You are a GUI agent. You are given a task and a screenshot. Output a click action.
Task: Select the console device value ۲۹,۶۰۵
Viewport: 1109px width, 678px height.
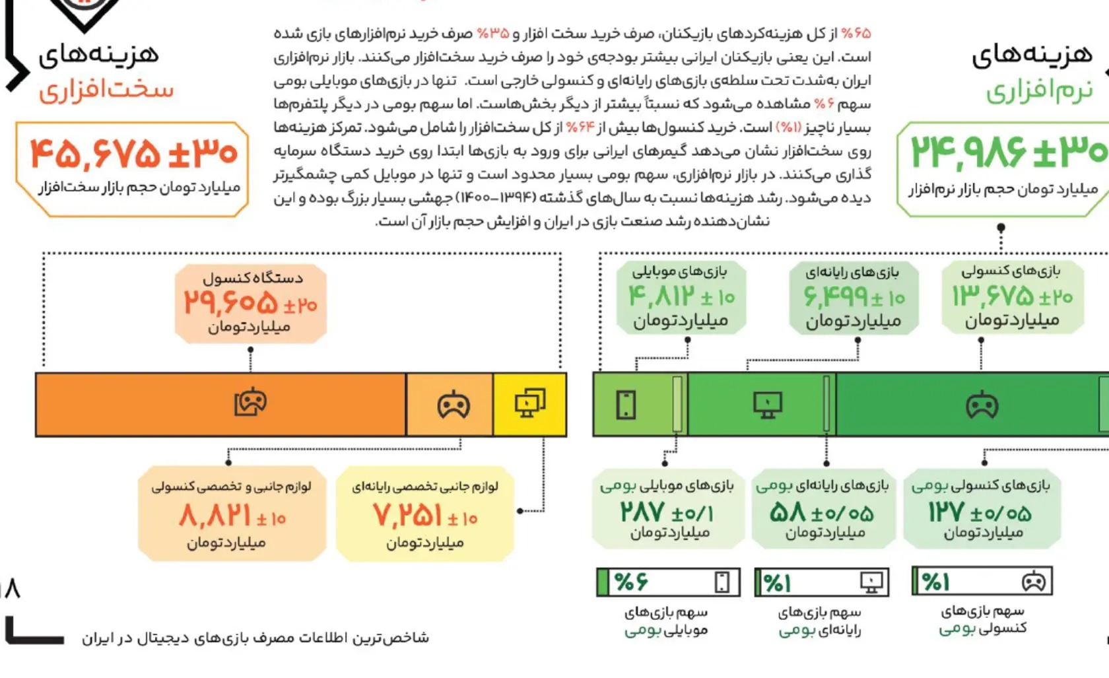click(x=231, y=303)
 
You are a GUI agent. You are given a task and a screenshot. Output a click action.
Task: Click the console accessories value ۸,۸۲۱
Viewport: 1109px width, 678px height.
click(x=215, y=516)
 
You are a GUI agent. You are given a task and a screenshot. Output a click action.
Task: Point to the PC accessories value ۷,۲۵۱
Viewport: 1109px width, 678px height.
click(x=407, y=516)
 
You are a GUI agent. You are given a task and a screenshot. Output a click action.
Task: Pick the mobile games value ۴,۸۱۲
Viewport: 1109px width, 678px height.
click(x=662, y=296)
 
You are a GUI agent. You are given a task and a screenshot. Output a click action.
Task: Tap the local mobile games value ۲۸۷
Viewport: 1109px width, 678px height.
click(x=642, y=512)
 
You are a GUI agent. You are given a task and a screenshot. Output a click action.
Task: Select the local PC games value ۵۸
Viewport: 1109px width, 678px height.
click(x=788, y=512)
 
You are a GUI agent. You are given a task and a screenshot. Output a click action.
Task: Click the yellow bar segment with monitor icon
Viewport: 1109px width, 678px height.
click(x=529, y=403)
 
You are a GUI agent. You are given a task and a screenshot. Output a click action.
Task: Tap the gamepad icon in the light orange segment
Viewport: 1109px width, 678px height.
click(x=454, y=405)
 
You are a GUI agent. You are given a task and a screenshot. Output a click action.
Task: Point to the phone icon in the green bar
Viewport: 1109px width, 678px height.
click(x=626, y=405)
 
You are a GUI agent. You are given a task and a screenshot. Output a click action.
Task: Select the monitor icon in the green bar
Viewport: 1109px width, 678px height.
click(x=768, y=405)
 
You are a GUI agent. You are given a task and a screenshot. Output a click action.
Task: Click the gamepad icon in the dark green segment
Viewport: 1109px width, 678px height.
click(x=982, y=405)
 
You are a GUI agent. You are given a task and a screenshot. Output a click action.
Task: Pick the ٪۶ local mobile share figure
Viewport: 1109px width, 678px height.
click(x=631, y=582)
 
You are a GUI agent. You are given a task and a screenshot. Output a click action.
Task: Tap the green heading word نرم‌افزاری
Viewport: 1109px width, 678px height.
click(x=1040, y=91)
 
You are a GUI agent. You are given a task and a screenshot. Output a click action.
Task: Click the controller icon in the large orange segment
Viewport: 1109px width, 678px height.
click(x=250, y=402)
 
